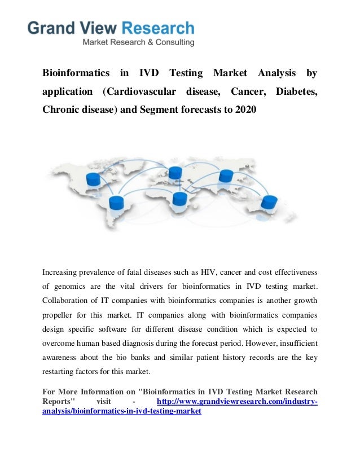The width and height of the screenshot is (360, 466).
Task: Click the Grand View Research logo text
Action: pos(111,28)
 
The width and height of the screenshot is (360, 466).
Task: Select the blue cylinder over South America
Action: pos(116,202)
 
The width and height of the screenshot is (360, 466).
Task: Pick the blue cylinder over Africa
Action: pos(180,198)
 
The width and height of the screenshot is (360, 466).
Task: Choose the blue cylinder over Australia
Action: pos(269,201)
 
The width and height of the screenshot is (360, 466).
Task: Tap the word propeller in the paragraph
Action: pos(59,315)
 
